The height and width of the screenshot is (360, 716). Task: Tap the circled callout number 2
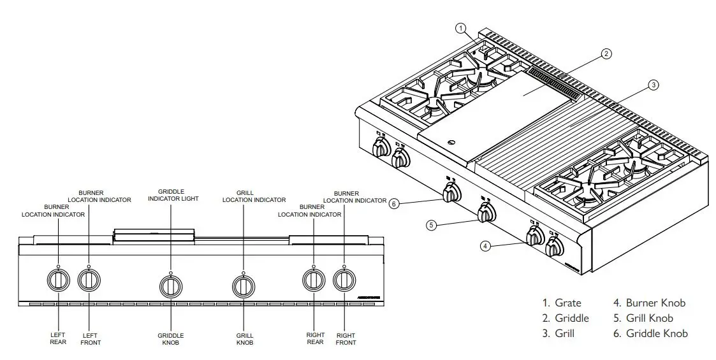tap(606, 54)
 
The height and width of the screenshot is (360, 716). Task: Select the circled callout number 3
tap(653, 84)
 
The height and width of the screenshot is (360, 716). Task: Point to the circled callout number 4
tap(486, 246)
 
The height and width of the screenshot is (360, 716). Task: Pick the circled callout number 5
tap(432, 225)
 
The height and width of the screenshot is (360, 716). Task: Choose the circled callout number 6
tap(394, 204)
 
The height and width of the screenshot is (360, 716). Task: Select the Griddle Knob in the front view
tap(170, 285)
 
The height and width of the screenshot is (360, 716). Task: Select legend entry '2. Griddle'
tap(566, 318)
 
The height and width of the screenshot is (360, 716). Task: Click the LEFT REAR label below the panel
tap(58, 338)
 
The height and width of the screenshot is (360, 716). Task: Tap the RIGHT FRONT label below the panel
tap(346, 338)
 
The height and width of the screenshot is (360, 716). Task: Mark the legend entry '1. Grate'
tap(562, 303)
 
